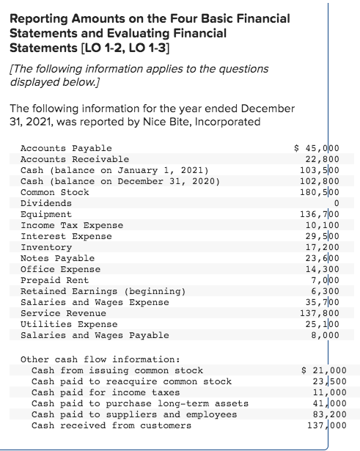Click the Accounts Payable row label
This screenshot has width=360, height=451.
click(66, 147)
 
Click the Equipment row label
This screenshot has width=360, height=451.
click(45, 213)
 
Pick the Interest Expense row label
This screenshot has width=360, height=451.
click(66, 235)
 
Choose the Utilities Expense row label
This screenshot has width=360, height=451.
click(69, 323)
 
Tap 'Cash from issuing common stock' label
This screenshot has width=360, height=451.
click(117, 370)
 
